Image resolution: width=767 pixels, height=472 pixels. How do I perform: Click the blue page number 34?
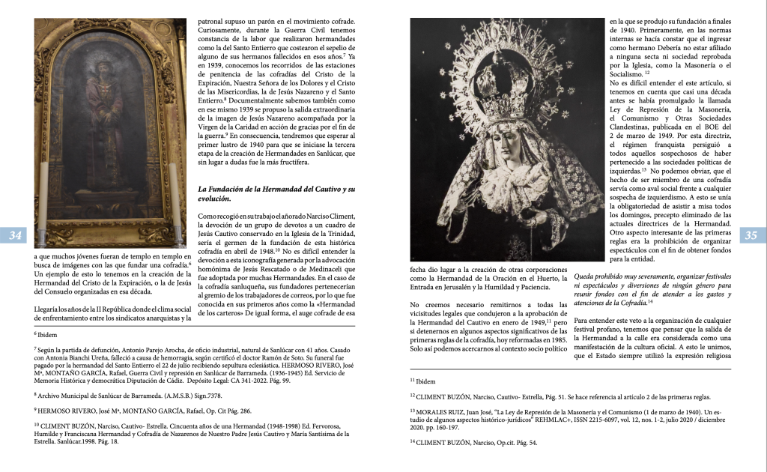coord(15,236)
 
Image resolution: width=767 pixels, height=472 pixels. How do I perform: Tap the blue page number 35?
coord(751,236)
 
